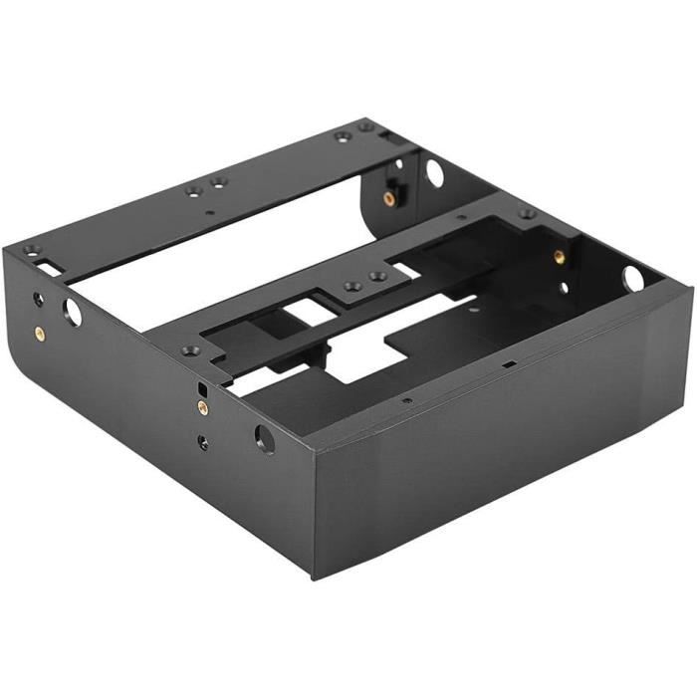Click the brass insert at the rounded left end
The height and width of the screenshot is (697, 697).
(39, 333)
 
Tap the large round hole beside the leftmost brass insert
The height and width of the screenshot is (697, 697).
(73, 313)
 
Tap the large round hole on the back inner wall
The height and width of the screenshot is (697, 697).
(435, 172)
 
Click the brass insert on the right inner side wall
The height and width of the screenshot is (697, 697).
(560, 257)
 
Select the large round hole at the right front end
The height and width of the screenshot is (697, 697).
(633, 278)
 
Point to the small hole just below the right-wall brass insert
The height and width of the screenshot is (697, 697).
(564, 288)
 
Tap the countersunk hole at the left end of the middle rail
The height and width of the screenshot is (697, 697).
(186, 350)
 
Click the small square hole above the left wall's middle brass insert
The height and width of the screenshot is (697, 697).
(203, 386)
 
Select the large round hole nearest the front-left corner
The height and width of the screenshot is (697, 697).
(265, 438)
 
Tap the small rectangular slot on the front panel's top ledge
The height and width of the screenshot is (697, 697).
(509, 364)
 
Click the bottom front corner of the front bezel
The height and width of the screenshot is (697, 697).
(316, 576)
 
